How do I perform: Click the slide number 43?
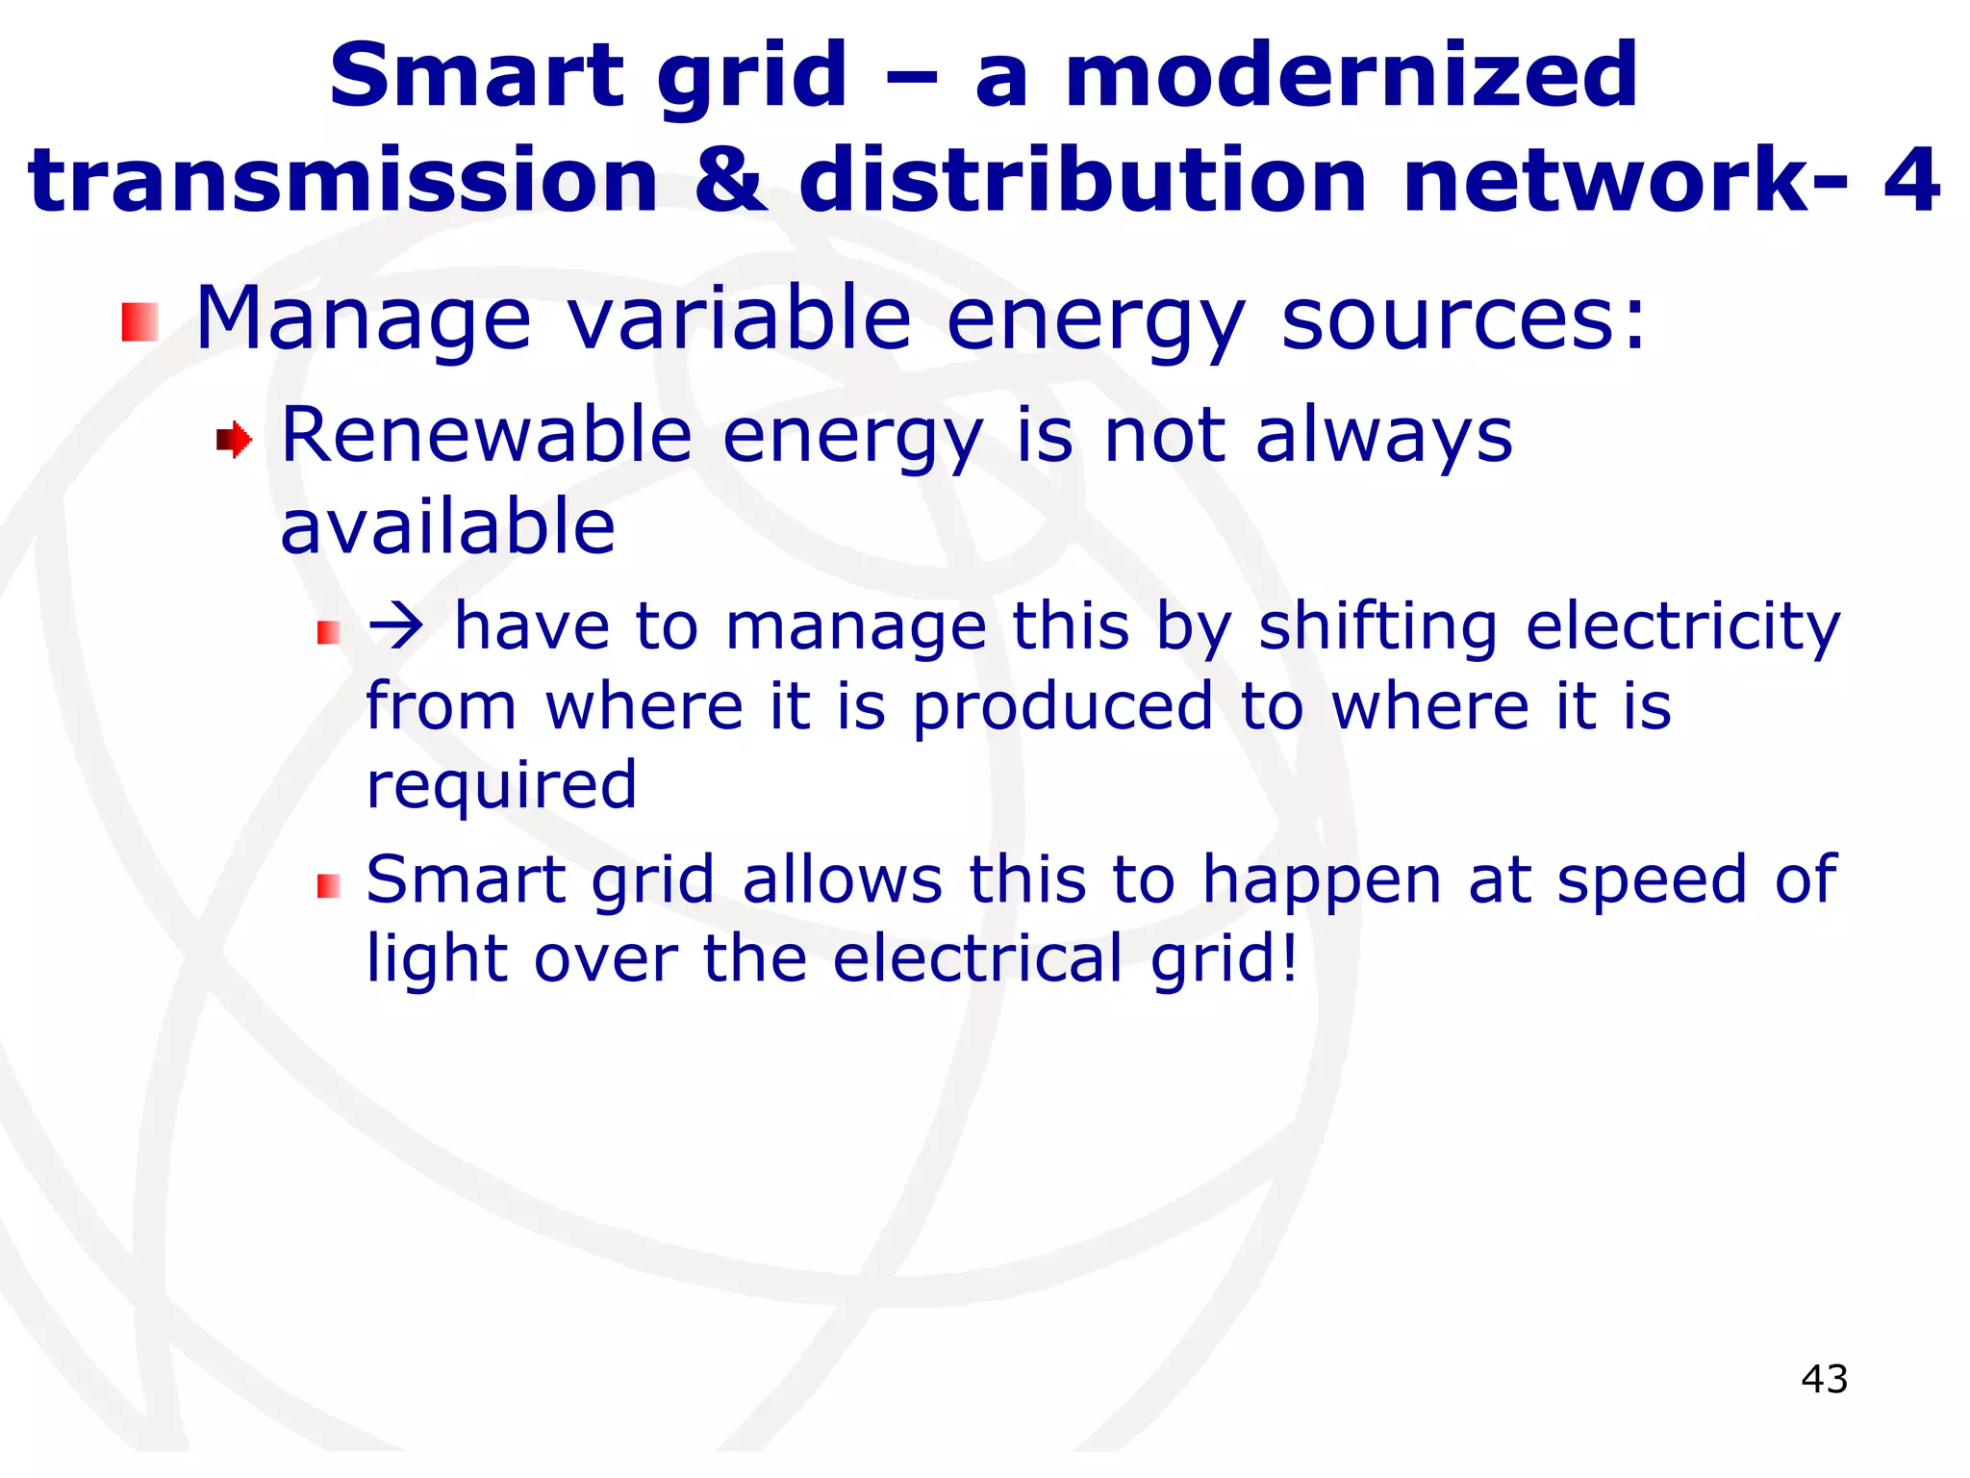(1824, 1379)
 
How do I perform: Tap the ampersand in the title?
(729, 180)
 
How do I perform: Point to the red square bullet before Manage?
(139, 322)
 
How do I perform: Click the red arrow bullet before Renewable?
(234, 441)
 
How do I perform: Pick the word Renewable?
(486, 436)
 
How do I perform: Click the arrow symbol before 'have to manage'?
(395, 627)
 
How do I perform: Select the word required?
(501, 784)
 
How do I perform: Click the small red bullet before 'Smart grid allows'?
(329, 886)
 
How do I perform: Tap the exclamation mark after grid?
(1288, 958)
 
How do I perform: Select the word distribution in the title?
(1082, 180)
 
